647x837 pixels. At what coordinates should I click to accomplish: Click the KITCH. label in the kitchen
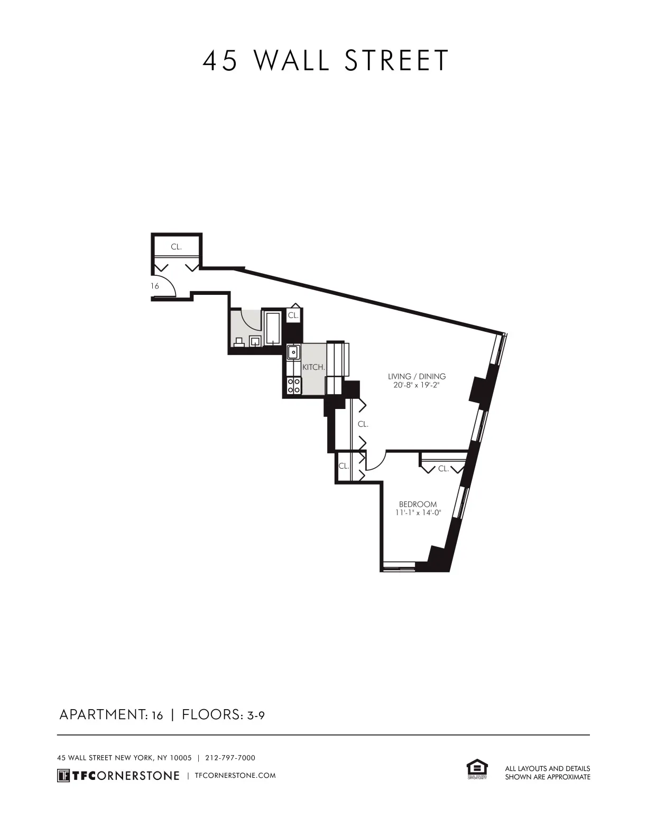(x=313, y=367)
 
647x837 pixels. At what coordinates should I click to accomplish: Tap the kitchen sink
(x=293, y=352)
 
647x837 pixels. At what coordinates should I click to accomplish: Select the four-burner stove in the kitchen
(x=294, y=386)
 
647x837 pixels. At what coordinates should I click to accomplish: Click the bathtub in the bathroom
(x=273, y=328)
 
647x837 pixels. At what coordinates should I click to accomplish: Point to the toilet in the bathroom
(x=239, y=342)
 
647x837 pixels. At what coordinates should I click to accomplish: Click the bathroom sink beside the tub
(x=255, y=341)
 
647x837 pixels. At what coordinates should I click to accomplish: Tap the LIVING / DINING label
(x=417, y=376)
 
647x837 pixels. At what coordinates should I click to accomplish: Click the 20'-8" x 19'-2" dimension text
(x=417, y=385)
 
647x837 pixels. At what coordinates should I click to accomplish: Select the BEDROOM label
(x=418, y=504)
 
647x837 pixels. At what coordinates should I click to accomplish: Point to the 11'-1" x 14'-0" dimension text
(x=418, y=513)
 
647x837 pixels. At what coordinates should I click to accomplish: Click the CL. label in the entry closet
(x=176, y=247)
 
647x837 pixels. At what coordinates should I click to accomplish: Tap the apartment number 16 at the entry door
(x=154, y=286)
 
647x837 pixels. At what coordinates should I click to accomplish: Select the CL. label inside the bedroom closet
(x=443, y=468)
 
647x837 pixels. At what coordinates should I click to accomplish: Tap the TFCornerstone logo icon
(x=63, y=775)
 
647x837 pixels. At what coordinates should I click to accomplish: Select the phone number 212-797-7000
(x=230, y=758)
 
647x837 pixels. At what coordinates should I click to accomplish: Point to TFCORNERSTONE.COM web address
(x=235, y=776)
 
